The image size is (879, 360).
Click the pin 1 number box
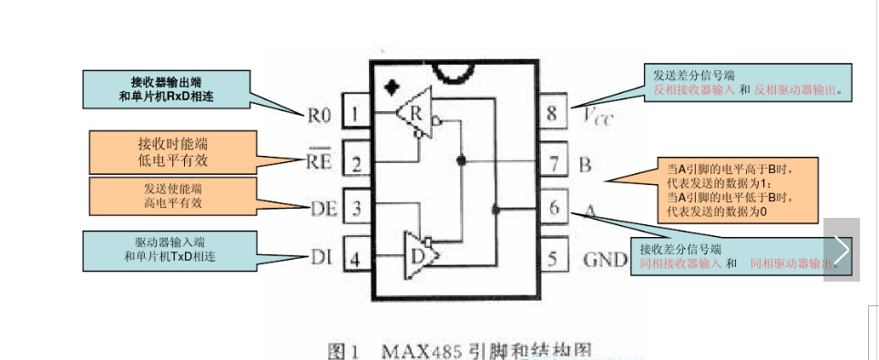point(356,115)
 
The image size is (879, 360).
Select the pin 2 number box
point(356,164)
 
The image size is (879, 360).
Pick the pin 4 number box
point(356,258)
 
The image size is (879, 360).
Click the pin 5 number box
point(553,258)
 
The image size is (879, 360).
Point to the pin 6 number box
point(553,208)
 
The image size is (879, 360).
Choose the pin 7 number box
point(553,164)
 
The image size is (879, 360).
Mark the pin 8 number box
point(553,115)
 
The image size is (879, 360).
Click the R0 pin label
point(319,116)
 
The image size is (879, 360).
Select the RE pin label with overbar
point(318,163)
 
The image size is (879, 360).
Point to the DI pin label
point(320,258)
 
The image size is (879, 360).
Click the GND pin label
point(606,259)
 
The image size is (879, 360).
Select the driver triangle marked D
point(420,254)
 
